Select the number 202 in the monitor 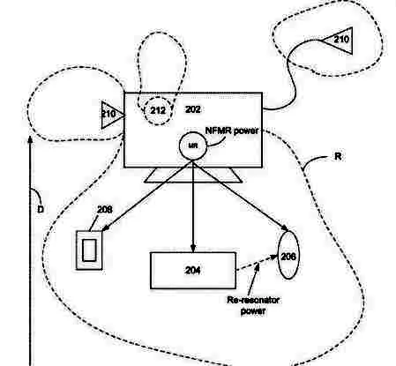click(x=193, y=109)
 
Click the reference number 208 click(x=105, y=210)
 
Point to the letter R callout click(x=338, y=156)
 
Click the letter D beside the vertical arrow click(x=41, y=210)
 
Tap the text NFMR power click(x=232, y=131)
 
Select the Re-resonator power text click(x=253, y=305)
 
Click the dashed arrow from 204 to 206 click(x=257, y=263)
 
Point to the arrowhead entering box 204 click(x=193, y=249)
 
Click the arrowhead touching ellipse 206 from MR click(x=285, y=228)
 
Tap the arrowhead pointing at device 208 click(x=106, y=228)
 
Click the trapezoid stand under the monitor click(x=193, y=175)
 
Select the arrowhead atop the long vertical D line click(x=30, y=139)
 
